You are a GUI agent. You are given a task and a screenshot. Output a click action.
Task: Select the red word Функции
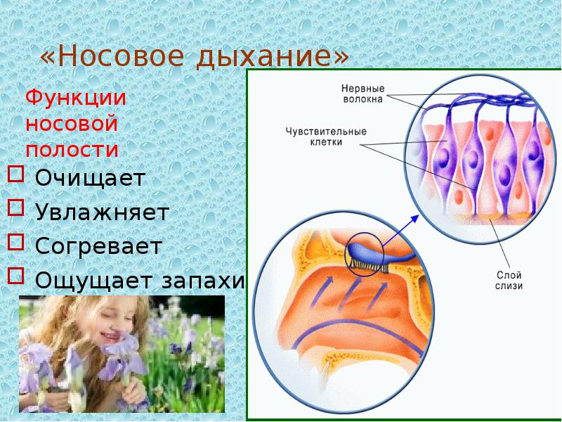point(76,98)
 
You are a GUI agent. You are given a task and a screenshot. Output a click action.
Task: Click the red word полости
point(72,150)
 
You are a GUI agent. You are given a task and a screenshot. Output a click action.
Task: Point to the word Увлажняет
point(102,212)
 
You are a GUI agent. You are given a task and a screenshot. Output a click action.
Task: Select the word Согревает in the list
point(98,246)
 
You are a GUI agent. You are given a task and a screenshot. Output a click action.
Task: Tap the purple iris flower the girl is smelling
point(126,348)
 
